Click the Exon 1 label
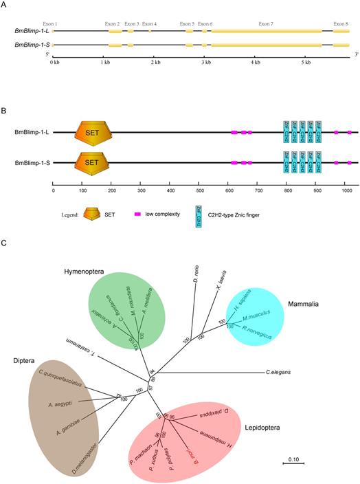(51, 23)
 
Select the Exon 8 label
(341, 23)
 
